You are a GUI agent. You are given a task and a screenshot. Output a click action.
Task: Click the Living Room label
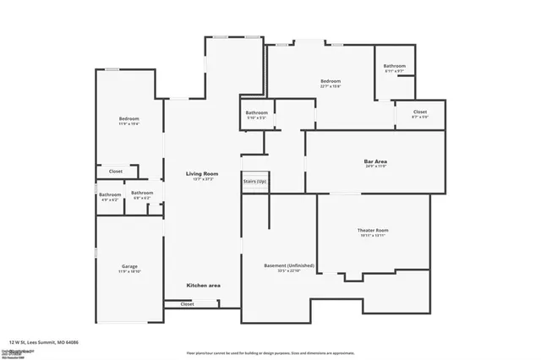point(202,173)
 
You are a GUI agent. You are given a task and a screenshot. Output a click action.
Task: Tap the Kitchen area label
point(203,286)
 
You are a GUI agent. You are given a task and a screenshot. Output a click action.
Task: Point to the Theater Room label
point(372,230)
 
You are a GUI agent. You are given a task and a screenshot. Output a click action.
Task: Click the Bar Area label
point(375,161)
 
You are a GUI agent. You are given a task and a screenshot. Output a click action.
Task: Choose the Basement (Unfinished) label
point(289,265)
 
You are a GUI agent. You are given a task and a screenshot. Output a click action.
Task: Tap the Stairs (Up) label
point(254,182)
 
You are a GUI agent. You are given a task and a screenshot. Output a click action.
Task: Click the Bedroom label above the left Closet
point(128,118)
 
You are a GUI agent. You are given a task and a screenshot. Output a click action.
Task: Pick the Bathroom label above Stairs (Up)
point(257,112)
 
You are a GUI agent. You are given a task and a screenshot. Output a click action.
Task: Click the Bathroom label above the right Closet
point(395,66)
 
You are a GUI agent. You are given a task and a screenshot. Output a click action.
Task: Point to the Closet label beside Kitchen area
point(187,303)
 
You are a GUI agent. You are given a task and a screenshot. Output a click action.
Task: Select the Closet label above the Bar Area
point(420,112)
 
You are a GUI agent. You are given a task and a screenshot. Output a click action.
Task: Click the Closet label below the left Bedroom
point(116,172)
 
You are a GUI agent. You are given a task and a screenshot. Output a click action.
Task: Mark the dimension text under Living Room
point(202,179)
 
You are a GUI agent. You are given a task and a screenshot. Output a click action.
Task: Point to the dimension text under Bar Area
point(375,166)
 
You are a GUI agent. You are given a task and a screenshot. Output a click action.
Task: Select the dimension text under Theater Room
point(372,236)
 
